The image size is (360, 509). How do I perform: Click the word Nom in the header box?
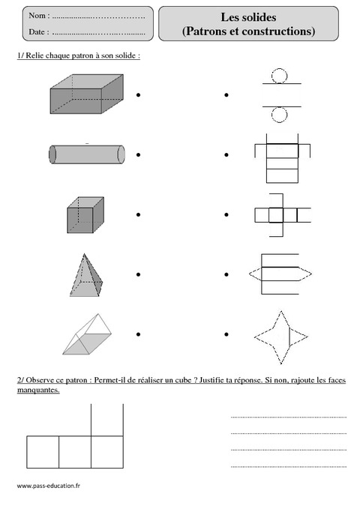tap(38, 16)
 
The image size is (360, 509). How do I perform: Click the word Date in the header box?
tap(38, 32)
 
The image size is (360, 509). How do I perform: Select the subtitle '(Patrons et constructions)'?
tap(248, 31)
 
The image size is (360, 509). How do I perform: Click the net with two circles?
tap(279, 95)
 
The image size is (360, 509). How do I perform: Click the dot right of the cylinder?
tap(139, 155)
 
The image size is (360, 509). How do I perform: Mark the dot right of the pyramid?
tap(139, 274)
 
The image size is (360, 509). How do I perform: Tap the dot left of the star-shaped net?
tap(225, 334)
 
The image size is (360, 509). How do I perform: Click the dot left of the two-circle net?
tap(225, 95)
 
